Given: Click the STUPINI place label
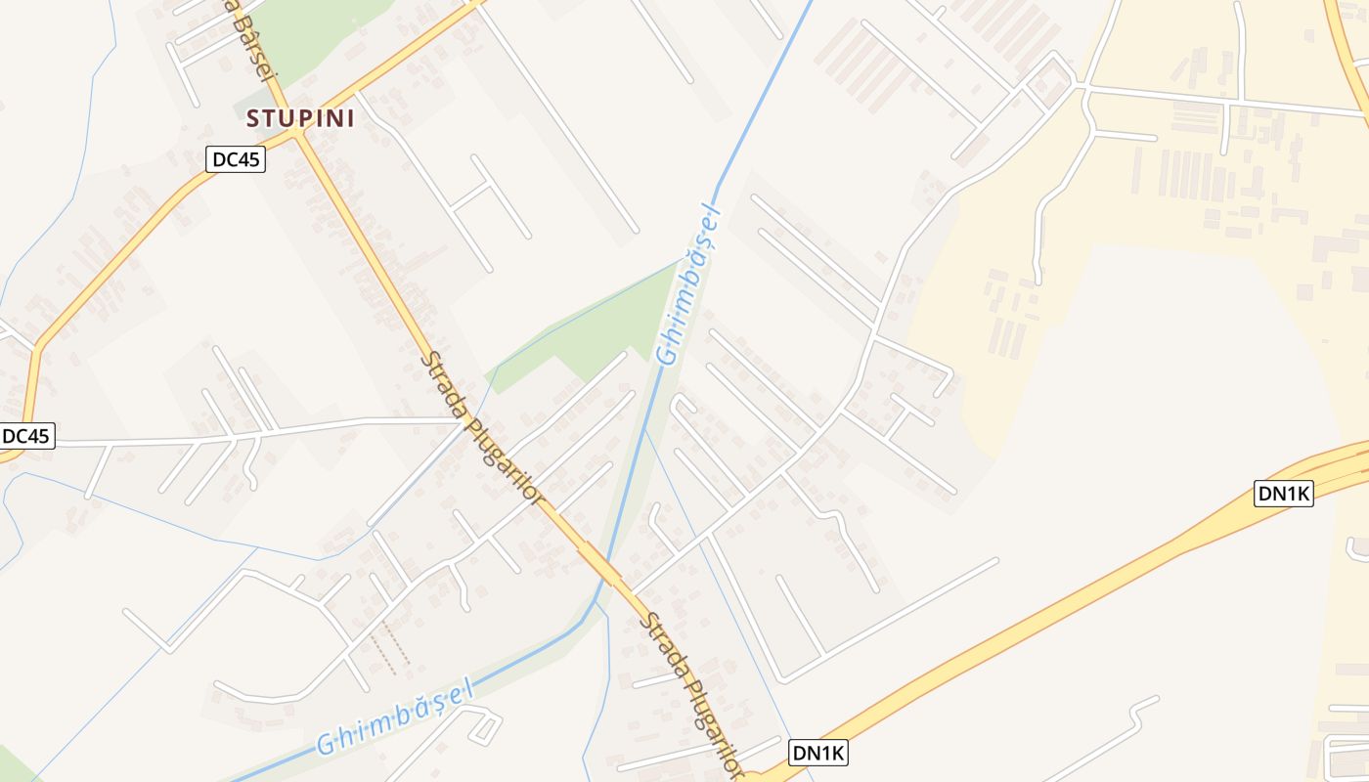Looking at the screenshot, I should click(x=300, y=118).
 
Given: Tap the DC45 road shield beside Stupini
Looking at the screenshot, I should click(x=236, y=159).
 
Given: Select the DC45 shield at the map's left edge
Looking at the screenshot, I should click(x=26, y=437).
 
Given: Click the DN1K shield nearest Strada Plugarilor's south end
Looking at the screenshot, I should click(x=817, y=754).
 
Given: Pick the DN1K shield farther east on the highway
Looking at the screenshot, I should click(x=1283, y=494).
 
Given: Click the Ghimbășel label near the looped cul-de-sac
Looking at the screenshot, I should click(x=394, y=718).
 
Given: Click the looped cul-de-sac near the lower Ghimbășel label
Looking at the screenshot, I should click(x=484, y=724).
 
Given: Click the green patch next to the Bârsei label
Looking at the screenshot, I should click(x=313, y=34).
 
